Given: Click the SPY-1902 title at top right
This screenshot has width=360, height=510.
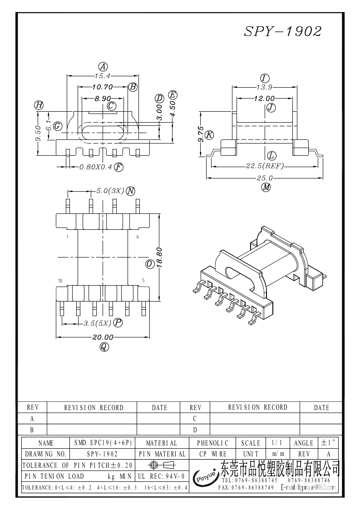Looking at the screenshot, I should point(283,31).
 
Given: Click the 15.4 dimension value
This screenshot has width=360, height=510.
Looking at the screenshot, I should point(102,75).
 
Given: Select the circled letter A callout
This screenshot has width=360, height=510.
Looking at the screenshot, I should point(103,66).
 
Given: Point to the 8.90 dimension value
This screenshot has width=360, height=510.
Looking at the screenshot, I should point(103,98).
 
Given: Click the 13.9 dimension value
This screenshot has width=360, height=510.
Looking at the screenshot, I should point(264,87).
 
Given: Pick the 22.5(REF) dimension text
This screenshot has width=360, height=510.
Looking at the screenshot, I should point(265,166).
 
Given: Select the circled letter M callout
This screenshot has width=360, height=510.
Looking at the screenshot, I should point(266,187).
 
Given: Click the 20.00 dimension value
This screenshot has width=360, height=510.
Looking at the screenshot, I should point(103,337).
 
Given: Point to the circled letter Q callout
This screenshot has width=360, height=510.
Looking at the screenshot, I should point(104,347).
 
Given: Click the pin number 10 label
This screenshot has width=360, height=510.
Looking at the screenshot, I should point(60,281).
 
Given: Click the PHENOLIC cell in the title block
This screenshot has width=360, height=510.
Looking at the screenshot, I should point(213,443).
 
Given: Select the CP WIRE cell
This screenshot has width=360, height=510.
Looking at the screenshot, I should point(213,454).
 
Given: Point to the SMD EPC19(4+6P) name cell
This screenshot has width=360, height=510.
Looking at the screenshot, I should point(103,443).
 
